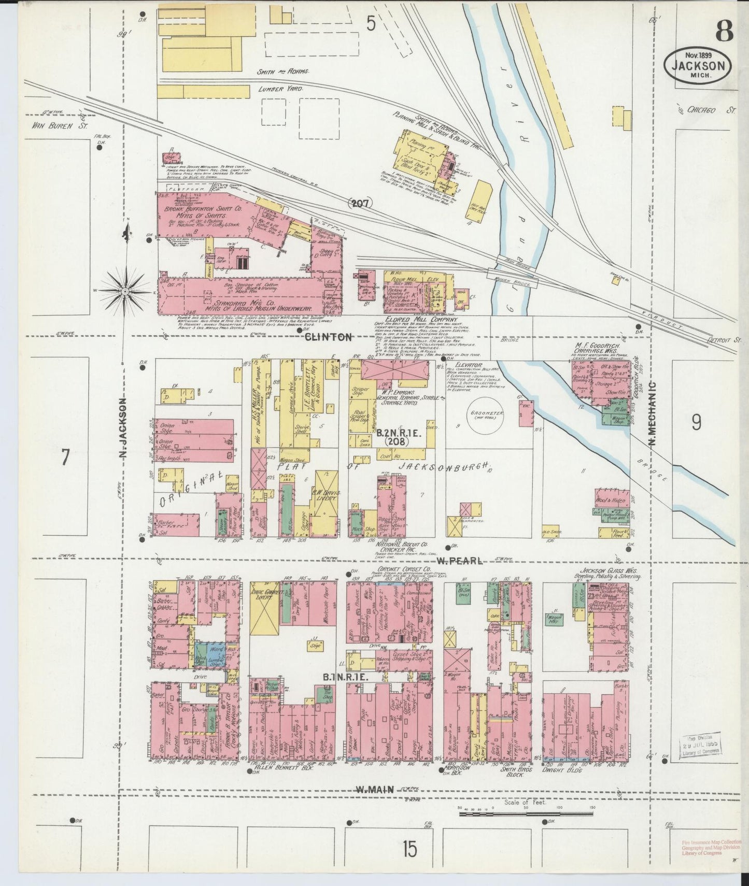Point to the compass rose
pyautogui.click(x=124, y=291)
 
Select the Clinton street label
pyautogui.click(x=329, y=337)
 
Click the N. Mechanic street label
pyautogui.click(x=652, y=413)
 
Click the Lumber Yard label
pyautogui.click(x=278, y=89)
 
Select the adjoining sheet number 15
pyautogui.click(x=409, y=849)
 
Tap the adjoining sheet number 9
pyautogui.click(x=696, y=423)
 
